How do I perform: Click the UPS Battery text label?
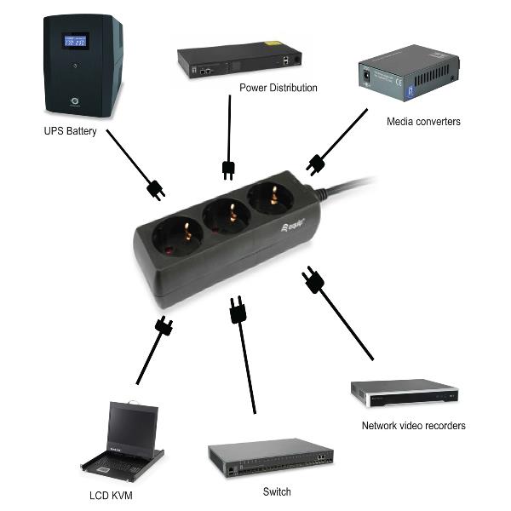click(x=70, y=131)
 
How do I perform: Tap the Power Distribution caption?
click(x=278, y=88)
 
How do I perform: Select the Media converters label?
click(x=423, y=122)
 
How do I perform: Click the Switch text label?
click(x=277, y=491)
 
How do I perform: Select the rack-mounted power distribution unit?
click(x=241, y=60)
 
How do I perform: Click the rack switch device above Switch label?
click(x=271, y=458)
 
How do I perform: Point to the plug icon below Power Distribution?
click(x=228, y=169)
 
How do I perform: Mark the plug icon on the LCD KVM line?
click(x=164, y=325)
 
